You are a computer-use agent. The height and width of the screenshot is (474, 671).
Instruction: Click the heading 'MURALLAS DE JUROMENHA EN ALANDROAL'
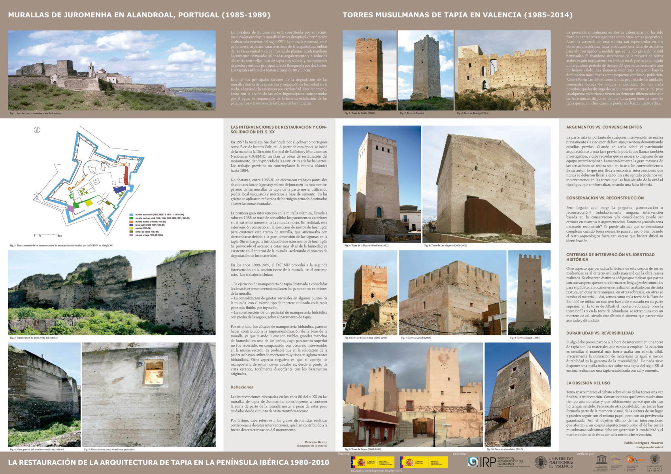(139, 15)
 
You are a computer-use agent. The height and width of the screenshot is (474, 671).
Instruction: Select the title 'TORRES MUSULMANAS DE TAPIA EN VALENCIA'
(457, 15)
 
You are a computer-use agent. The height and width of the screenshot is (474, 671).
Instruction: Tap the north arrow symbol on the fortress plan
(38, 130)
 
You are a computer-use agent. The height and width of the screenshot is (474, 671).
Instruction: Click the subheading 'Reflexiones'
(242, 387)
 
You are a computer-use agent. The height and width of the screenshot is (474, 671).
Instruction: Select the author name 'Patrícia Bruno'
(316, 442)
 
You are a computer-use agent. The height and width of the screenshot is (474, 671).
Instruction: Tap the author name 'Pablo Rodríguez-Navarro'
(643, 443)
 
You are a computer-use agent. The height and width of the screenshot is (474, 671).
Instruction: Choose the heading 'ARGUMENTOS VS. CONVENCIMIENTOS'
(604, 127)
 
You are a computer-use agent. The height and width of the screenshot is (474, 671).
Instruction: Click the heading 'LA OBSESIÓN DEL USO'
(588, 383)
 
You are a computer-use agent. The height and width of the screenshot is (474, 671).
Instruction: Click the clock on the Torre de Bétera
(444, 365)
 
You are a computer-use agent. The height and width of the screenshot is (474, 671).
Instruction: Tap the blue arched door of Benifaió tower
(379, 213)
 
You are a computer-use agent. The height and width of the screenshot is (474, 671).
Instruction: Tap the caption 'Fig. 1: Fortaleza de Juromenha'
(36, 113)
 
